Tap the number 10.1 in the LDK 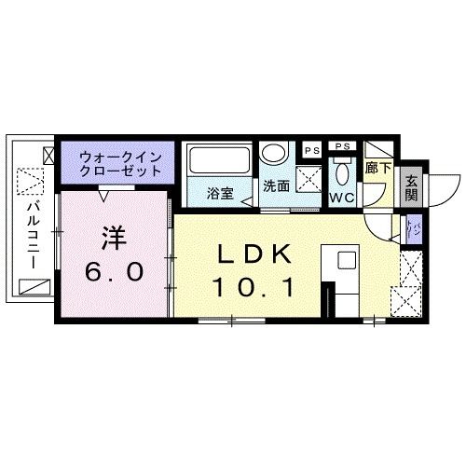pos(256,287)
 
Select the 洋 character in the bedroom pos(113,240)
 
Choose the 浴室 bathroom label pos(220,195)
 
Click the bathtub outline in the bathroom pos(218,160)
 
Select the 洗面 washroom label pos(277,185)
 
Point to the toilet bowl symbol pos(342,172)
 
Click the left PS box pos(308,146)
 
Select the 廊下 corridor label pos(377,169)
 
